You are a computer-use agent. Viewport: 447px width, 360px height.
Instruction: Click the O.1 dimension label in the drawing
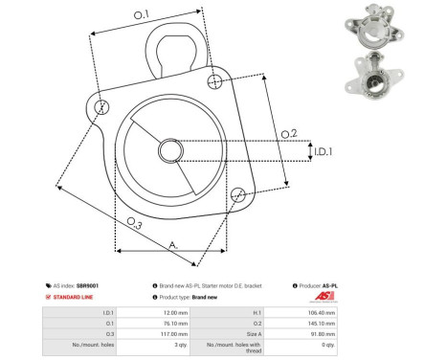[141, 14]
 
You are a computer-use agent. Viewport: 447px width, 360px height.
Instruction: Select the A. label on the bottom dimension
[173, 245]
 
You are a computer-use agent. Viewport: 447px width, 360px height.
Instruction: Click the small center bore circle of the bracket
[170, 150]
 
